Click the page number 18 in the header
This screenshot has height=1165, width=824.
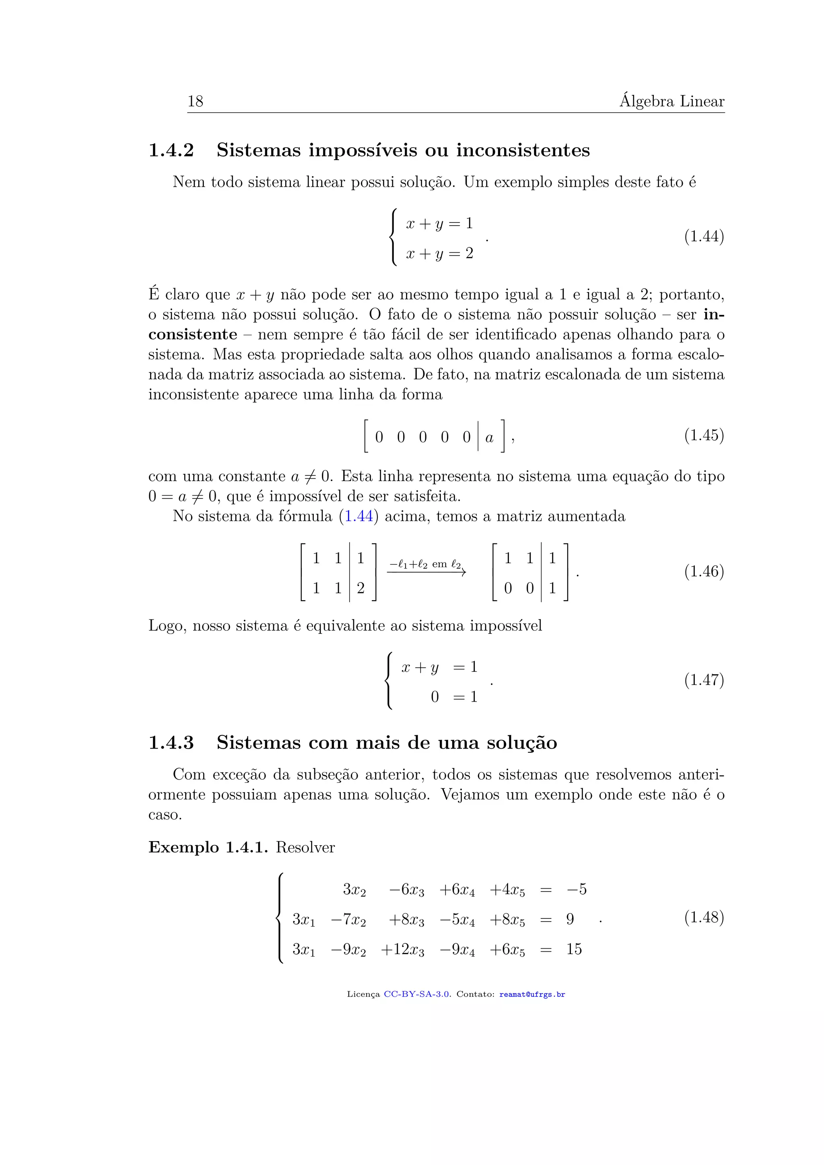click(x=196, y=101)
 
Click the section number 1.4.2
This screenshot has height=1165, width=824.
click(x=171, y=151)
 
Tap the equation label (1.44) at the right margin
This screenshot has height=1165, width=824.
click(x=704, y=237)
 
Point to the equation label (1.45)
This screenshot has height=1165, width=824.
click(x=704, y=435)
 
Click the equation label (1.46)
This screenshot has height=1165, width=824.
click(x=704, y=572)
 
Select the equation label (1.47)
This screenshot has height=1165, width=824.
click(x=704, y=680)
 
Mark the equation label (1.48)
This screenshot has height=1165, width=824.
click(x=704, y=917)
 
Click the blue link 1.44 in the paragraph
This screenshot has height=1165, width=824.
click(x=359, y=517)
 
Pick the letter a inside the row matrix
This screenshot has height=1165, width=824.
click(x=489, y=437)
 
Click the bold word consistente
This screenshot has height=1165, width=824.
click(x=193, y=335)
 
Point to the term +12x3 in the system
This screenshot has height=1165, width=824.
click(x=402, y=949)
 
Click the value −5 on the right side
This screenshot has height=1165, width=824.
click(x=577, y=889)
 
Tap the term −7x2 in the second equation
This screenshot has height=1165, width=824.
click(x=348, y=920)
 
